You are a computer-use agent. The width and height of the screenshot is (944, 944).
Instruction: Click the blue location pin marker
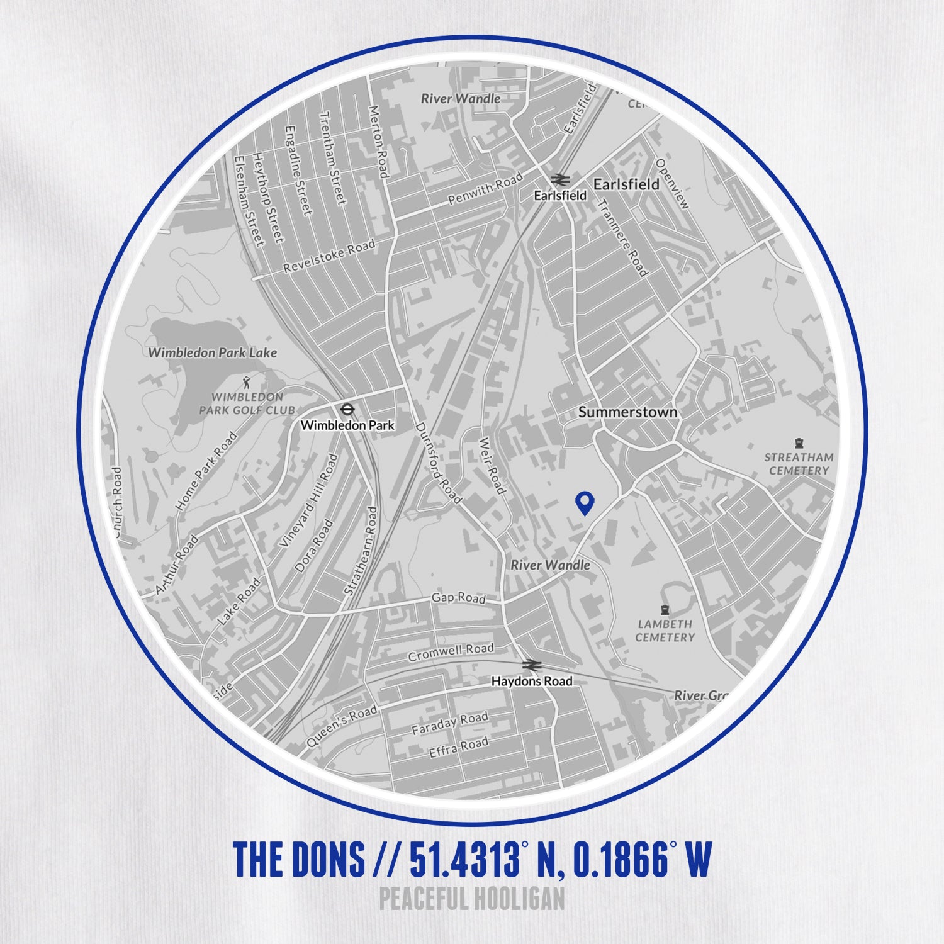(585, 502)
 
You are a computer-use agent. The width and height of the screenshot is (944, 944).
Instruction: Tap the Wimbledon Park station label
(347, 425)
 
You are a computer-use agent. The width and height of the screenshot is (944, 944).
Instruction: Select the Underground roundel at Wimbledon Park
(346, 410)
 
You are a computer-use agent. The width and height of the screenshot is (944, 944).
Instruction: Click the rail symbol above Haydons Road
(532, 666)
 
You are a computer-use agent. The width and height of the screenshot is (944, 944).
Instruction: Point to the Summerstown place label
(627, 412)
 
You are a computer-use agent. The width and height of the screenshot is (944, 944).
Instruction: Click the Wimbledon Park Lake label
(212, 352)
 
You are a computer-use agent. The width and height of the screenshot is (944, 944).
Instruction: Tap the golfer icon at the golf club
(247, 381)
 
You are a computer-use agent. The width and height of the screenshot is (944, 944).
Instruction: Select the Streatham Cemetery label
(799, 464)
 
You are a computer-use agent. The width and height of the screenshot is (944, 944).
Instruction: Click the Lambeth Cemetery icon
(665, 610)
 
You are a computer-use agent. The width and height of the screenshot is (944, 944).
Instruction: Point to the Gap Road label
(458, 598)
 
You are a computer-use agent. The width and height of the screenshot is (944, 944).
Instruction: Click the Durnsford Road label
(439, 463)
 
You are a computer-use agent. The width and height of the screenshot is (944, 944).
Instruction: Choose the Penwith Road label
(485, 189)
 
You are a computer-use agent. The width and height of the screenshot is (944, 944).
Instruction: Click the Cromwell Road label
(451, 653)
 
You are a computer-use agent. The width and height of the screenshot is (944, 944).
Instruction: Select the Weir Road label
(492, 466)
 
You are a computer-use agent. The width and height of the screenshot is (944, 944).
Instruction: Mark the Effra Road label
(458, 747)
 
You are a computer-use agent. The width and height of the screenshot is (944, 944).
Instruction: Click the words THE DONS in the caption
(299, 859)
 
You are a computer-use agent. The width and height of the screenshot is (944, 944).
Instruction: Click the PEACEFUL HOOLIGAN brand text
(472, 899)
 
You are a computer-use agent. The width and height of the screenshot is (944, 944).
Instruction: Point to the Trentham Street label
(332, 157)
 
